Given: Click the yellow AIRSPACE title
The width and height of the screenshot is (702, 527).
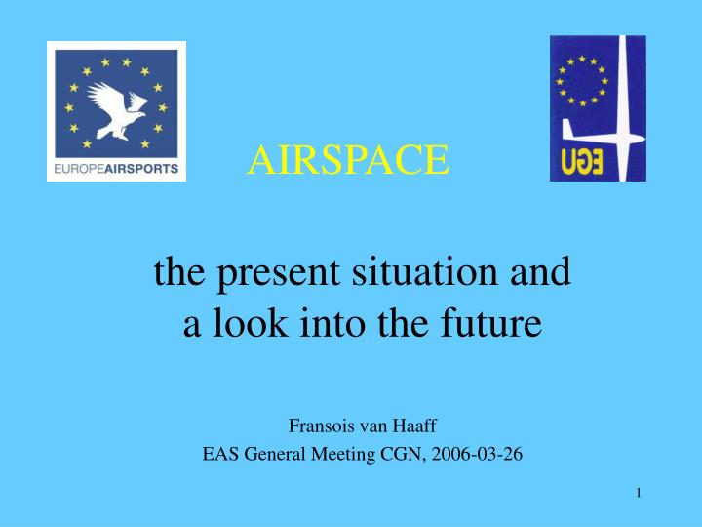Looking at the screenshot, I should [348, 160].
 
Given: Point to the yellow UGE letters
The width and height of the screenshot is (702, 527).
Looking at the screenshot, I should [582, 161].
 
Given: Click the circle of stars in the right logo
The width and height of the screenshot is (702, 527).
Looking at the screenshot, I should [582, 81].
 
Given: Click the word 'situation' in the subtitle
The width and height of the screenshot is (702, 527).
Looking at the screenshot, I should [423, 272].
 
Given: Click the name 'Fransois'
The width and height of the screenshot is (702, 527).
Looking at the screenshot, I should [319, 426].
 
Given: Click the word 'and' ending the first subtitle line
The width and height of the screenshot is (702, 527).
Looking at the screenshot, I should [537, 272].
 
